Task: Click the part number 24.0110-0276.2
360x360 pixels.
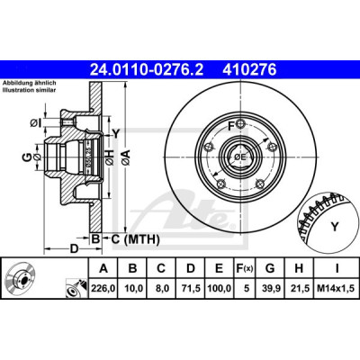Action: coord(147,70)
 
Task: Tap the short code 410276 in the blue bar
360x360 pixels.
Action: coord(249,70)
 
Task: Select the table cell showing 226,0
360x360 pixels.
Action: coord(103,288)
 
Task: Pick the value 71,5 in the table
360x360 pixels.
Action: coord(191,288)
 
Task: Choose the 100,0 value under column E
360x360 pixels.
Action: coord(220,288)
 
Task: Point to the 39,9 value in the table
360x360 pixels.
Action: coord(270,288)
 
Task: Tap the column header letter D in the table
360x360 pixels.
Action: coord(191,268)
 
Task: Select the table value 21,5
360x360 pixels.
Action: coord(299,288)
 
